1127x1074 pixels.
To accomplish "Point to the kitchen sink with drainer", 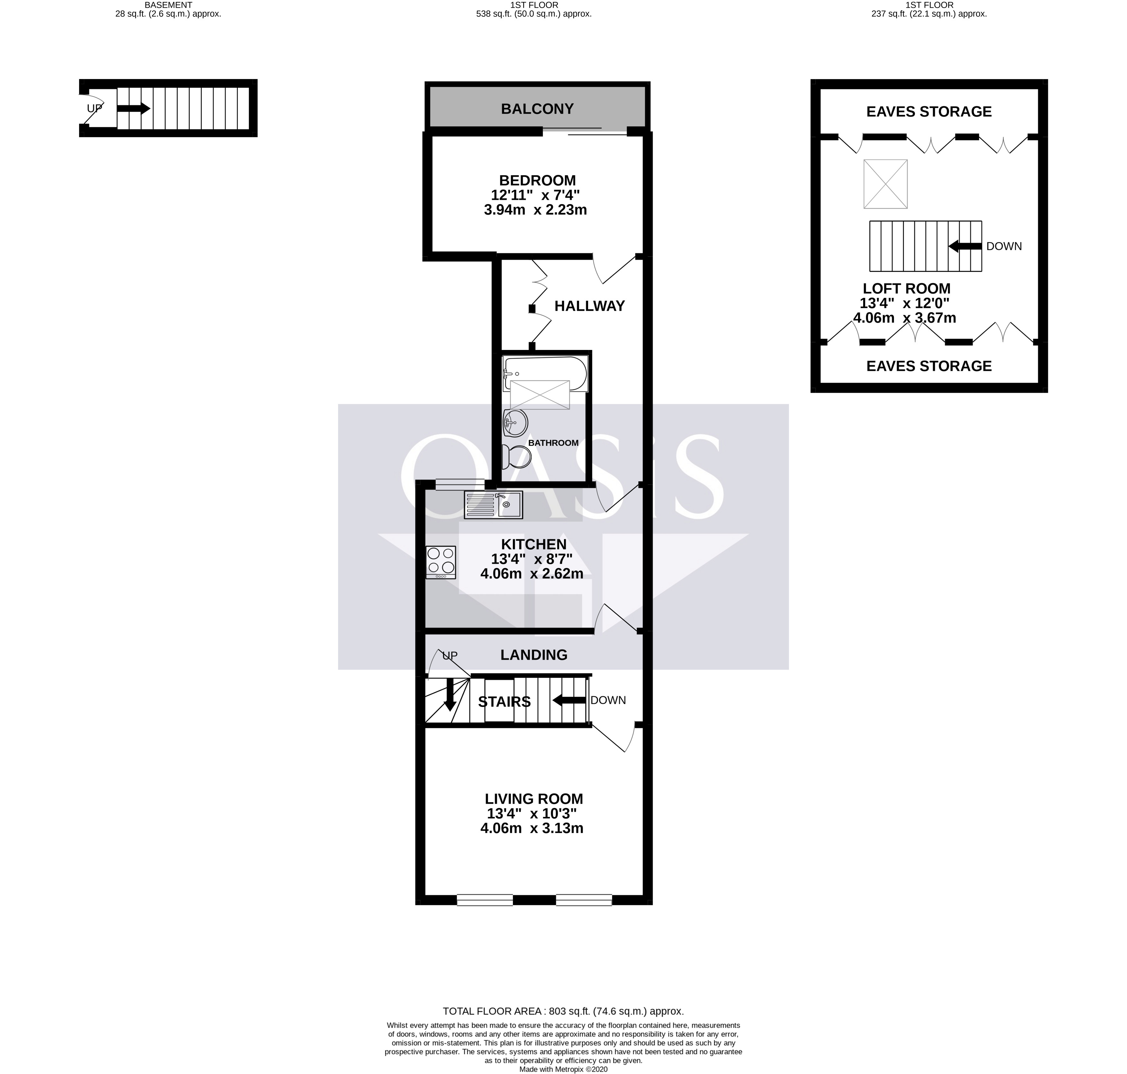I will tap(493, 505).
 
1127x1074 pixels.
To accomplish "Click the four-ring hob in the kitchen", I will tap(441, 562).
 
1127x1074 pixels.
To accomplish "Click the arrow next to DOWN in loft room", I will tap(965, 246).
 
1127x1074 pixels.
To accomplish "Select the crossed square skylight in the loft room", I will tap(885, 184).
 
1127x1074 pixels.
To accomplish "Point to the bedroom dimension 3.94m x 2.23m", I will tap(535, 210).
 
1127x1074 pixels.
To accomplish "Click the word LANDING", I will tap(533, 655).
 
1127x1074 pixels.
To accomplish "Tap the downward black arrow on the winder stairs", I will tap(449, 693).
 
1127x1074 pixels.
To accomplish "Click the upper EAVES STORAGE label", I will tap(928, 112).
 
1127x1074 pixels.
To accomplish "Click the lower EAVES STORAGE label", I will tap(928, 366).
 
